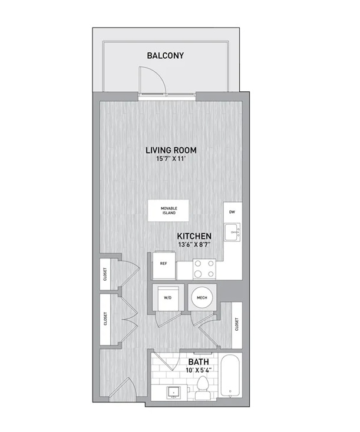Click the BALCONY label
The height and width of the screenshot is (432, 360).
click(x=165, y=55)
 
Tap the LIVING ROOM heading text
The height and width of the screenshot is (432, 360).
click(x=171, y=150)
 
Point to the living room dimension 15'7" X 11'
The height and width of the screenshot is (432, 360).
click(x=171, y=159)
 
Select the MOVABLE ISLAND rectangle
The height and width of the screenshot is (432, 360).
click(x=169, y=211)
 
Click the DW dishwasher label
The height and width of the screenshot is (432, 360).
click(x=232, y=212)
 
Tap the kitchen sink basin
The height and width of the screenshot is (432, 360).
click(x=232, y=232)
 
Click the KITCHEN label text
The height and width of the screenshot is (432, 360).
click(x=194, y=236)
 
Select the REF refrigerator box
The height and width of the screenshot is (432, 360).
click(x=164, y=265)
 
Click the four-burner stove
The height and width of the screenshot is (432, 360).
click(x=204, y=268)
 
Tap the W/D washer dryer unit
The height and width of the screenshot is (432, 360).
click(x=168, y=298)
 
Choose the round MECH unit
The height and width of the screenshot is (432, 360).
click(x=202, y=298)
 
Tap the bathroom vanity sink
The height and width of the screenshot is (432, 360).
click(x=173, y=393)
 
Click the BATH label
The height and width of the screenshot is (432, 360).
click(x=199, y=362)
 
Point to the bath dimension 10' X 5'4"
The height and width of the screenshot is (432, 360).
click(x=199, y=370)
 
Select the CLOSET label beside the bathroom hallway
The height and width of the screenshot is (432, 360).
click(x=236, y=324)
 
